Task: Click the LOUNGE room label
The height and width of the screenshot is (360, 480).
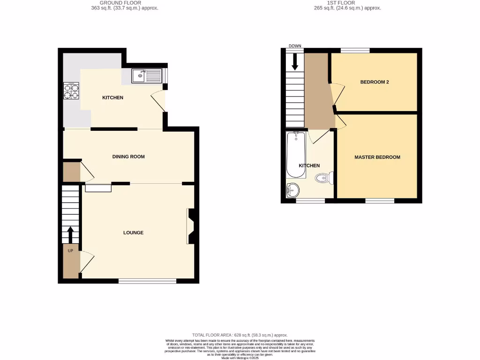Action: click(133, 232)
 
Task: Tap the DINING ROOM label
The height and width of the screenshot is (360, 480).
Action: click(128, 157)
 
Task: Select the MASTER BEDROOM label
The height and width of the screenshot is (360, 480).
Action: click(377, 157)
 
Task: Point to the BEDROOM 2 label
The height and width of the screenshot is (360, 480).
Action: click(375, 82)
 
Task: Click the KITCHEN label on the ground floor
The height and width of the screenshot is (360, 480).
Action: click(113, 97)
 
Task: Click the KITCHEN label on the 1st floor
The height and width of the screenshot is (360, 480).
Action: click(309, 165)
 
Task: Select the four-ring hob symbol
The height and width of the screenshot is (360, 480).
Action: click(71, 90)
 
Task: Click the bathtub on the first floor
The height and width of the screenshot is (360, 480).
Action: click(296, 155)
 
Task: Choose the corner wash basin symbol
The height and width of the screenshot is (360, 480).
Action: click(292, 190)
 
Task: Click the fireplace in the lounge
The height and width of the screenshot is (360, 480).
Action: click(191, 226)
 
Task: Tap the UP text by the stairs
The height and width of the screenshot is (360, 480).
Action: click(71, 251)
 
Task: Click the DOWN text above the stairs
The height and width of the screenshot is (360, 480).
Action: click(295, 46)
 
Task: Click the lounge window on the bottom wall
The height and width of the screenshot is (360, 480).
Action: click(147, 281)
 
